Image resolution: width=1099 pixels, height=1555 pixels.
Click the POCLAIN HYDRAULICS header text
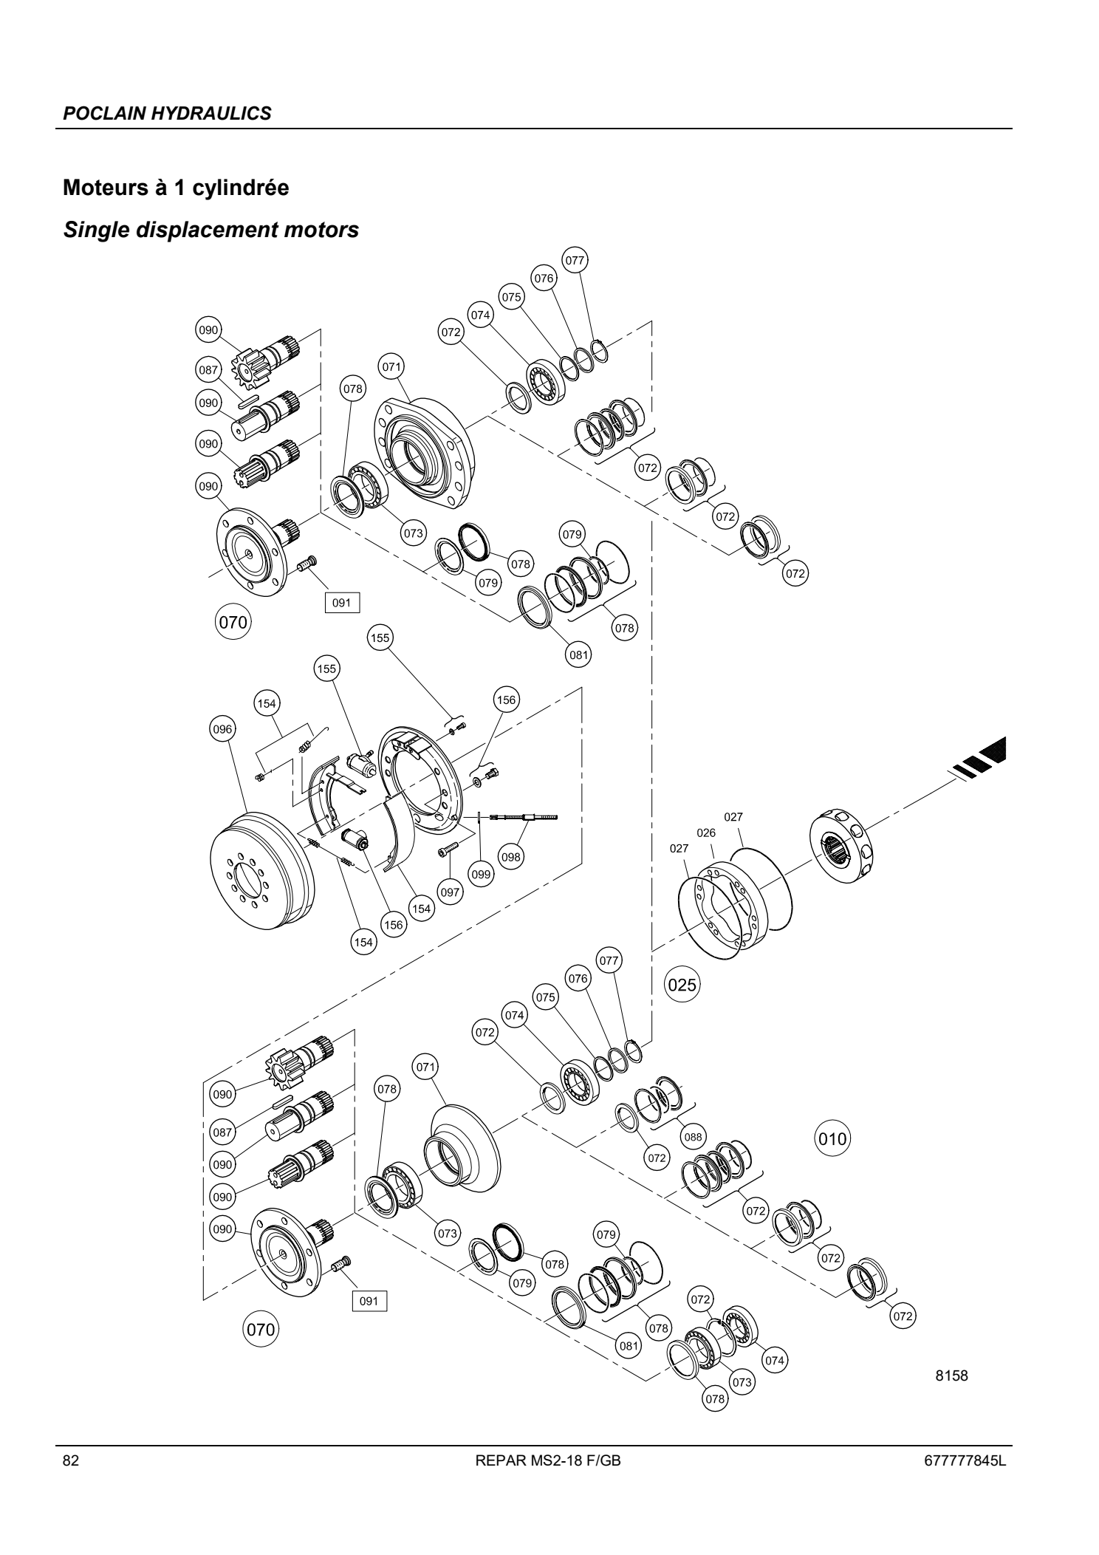pyautogui.click(x=167, y=114)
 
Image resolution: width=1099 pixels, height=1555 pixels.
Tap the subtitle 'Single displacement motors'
pyautogui.click(x=211, y=230)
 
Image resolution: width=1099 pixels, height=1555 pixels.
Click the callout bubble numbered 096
pyautogui.click(x=223, y=729)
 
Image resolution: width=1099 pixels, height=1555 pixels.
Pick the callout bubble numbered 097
pyautogui.click(x=450, y=892)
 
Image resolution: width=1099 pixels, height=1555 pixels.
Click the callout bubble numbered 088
pyautogui.click(x=693, y=1137)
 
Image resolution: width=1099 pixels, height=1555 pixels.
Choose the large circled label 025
pyautogui.click(x=682, y=985)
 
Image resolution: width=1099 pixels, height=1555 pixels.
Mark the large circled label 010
pyautogui.click(x=832, y=1138)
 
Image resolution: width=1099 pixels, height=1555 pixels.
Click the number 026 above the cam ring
pyautogui.click(x=707, y=833)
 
